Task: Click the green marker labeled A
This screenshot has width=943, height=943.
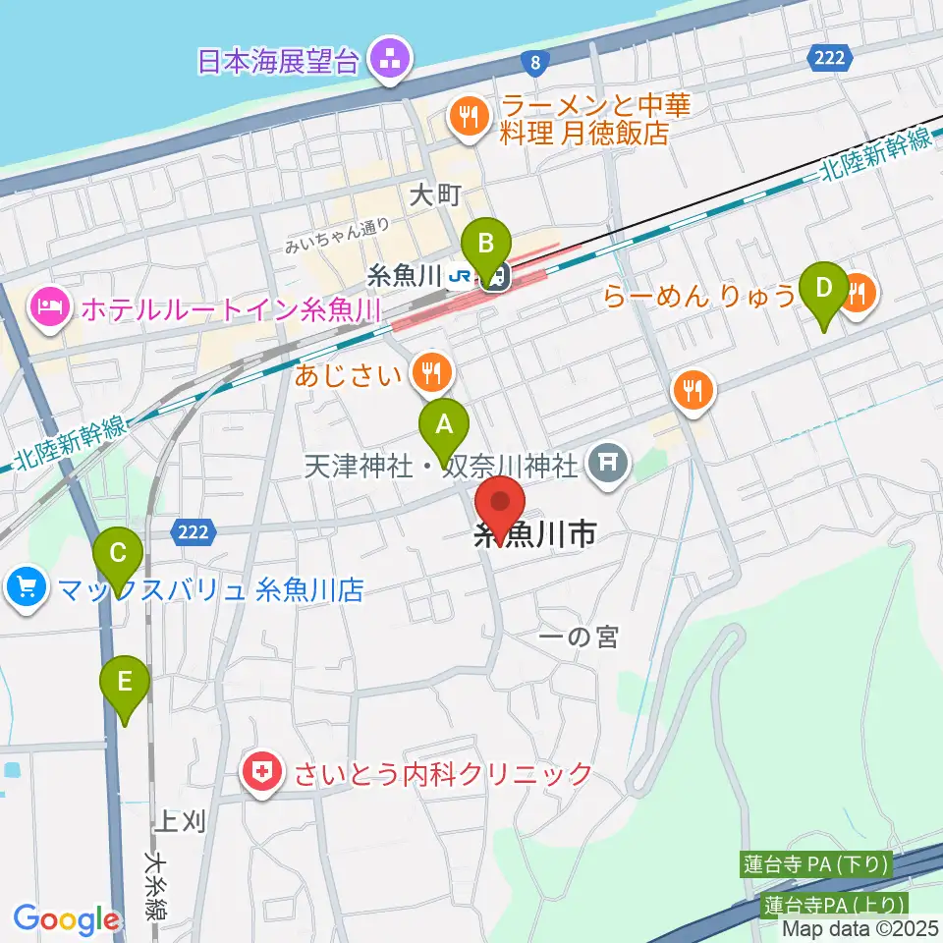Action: point(444,425)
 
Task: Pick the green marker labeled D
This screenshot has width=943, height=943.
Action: point(824,288)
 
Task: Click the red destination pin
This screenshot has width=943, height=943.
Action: point(501,503)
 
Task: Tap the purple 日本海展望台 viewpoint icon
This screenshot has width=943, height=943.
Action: point(390,60)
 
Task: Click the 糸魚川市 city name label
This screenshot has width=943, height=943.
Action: point(534,536)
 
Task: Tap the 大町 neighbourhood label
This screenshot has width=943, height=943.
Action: point(435,195)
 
